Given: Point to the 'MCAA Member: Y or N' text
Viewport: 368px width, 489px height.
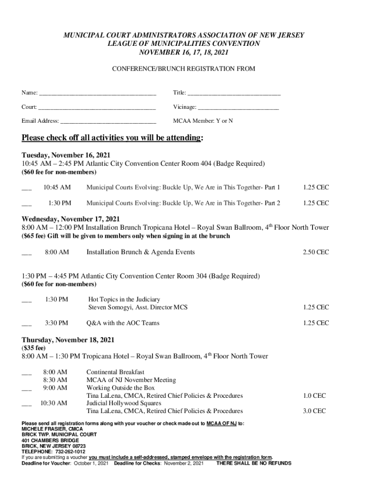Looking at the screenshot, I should (x=203, y=121).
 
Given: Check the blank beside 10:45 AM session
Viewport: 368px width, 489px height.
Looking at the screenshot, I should (x=27, y=188).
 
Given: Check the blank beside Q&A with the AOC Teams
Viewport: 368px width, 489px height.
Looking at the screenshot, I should (x=27, y=324).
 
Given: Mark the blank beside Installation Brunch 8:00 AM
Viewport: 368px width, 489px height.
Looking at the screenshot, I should (x=27, y=253).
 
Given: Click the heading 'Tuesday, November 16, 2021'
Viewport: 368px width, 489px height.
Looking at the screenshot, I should (x=66, y=155).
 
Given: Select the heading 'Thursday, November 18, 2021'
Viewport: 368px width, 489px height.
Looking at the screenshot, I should (x=68, y=340).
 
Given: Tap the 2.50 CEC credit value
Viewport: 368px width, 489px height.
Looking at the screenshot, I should (x=315, y=252).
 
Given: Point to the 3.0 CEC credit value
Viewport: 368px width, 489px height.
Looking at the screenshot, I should (x=314, y=411).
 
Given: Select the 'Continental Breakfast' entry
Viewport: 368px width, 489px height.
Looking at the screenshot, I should (x=115, y=372).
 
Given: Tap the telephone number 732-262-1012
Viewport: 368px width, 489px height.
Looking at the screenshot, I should (x=69, y=451).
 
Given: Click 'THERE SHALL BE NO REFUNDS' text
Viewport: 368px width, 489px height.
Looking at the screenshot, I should (x=254, y=463).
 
